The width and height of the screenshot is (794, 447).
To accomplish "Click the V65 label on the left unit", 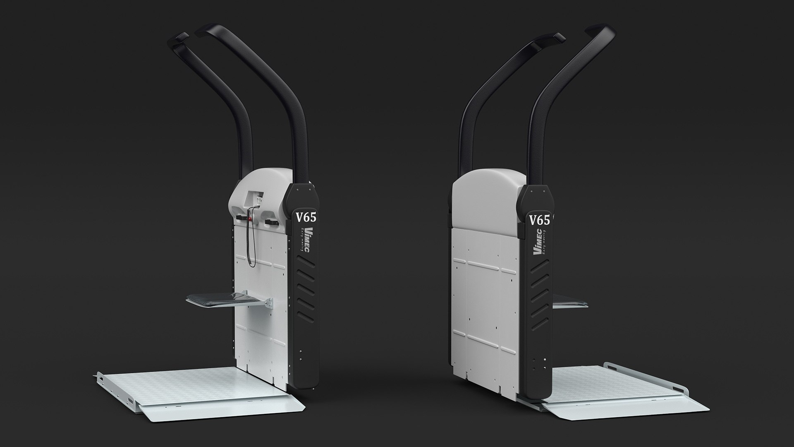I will pos(306,217).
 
